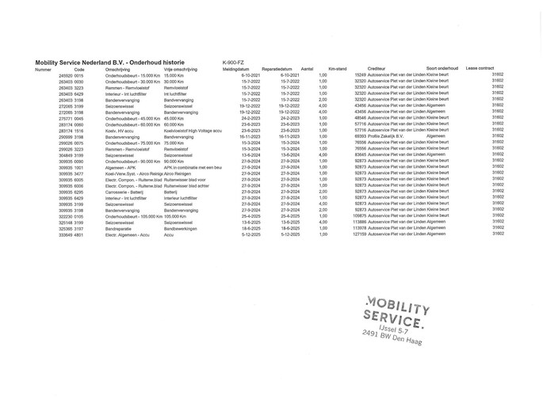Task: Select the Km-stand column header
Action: (x=337, y=69)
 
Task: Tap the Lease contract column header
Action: (x=480, y=68)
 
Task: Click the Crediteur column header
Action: (x=377, y=69)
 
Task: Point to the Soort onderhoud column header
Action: (x=442, y=68)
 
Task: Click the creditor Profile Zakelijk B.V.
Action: (x=384, y=136)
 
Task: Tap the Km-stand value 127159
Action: (x=358, y=234)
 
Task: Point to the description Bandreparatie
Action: (x=118, y=228)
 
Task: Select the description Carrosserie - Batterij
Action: (x=123, y=191)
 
